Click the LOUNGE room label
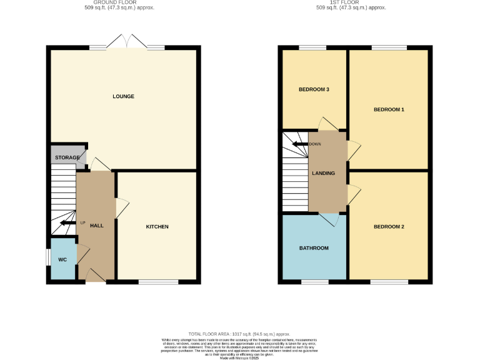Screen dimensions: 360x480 tap(123, 96)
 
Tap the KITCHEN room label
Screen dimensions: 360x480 tap(157, 226)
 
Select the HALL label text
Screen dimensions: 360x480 tap(96, 225)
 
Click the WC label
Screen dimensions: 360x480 tap(62, 259)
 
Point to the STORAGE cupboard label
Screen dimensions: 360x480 tap(67, 157)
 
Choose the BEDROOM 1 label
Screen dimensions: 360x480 tap(389, 109)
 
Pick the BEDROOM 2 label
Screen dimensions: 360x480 tap(389, 226)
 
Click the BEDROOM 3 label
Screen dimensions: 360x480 tap(314, 89)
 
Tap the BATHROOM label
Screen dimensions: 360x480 tap(314, 248)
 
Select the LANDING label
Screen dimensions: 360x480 tap(324, 173)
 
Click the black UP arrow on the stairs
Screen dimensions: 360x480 tap(67, 222)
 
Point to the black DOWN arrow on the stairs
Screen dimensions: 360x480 tap(301, 144)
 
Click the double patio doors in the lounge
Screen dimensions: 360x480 tap(127, 42)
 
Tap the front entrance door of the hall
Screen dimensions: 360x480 tap(96, 276)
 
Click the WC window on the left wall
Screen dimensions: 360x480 tap(49, 257)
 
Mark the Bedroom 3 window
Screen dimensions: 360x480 tap(312, 47)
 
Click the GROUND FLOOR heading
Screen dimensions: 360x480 tap(119, 3)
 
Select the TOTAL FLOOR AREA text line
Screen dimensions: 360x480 tap(239, 334)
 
